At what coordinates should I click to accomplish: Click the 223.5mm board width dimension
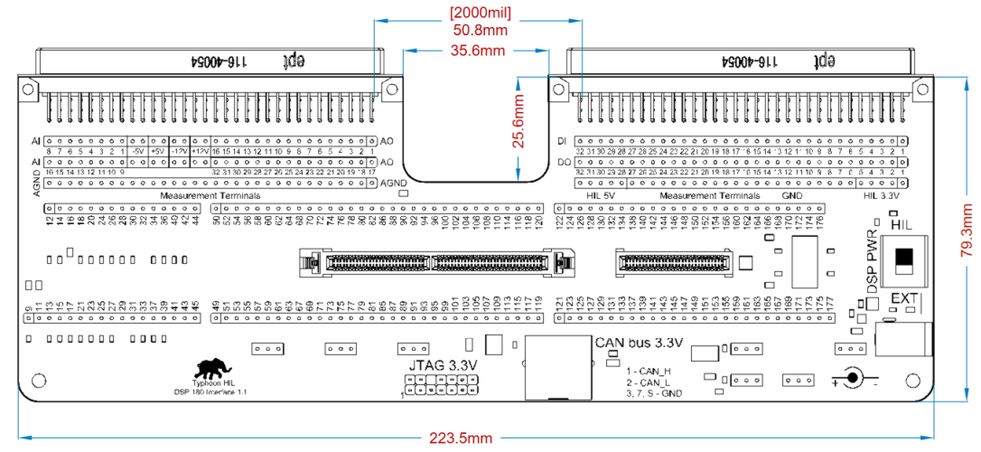pyautogui.click(x=460, y=438)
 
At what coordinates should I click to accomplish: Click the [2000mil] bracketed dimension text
pyautogui.click(x=480, y=13)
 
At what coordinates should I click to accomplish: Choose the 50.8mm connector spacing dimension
pyautogui.click(x=480, y=30)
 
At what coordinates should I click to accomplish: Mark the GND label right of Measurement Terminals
pyautogui.click(x=790, y=195)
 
